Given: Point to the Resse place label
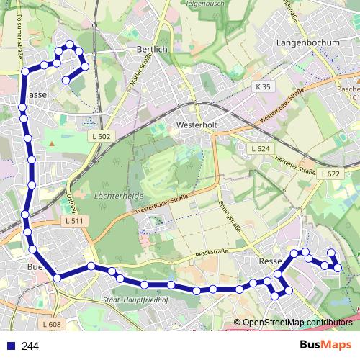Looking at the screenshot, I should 269,261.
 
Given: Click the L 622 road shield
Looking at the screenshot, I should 330,174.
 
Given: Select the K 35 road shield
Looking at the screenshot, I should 264,86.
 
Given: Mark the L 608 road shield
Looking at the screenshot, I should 51,325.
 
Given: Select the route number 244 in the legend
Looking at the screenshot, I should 30,346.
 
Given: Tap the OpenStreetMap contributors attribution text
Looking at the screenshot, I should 297,323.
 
